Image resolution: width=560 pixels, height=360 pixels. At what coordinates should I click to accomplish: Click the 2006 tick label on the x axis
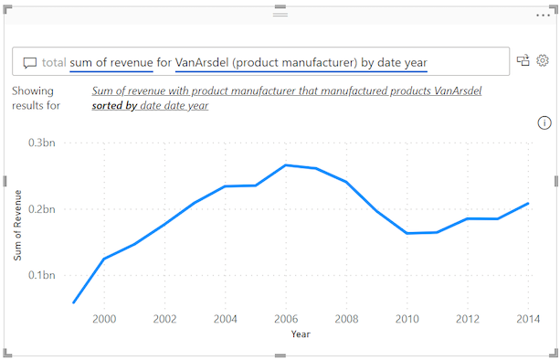pyautogui.click(x=286, y=319)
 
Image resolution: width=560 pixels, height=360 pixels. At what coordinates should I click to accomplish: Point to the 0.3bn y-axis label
pyautogui.click(x=43, y=143)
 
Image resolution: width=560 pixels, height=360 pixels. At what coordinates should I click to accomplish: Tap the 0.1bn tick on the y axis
pyautogui.click(x=43, y=275)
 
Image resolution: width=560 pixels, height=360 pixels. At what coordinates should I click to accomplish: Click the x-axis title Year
pyautogui.click(x=301, y=334)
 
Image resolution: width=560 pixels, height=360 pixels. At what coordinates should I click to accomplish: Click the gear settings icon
pyautogui.click(x=542, y=60)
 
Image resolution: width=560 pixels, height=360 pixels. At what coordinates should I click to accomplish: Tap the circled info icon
pyautogui.click(x=544, y=122)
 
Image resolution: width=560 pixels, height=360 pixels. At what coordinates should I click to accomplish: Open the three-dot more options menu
pyautogui.click(x=544, y=16)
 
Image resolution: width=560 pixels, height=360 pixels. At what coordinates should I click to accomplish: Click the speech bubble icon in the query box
pyautogui.click(x=30, y=63)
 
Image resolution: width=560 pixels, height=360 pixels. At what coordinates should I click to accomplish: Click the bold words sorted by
pyautogui.click(x=114, y=106)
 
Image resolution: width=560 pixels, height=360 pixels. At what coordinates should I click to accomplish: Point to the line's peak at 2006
pyautogui.click(x=286, y=165)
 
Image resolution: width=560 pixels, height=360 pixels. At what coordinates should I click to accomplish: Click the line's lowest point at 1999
pyautogui.click(x=73, y=302)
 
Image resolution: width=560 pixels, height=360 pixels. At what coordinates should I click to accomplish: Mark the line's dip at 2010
pyautogui.click(x=407, y=233)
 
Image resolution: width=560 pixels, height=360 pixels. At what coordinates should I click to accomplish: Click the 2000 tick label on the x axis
pyautogui.click(x=103, y=319)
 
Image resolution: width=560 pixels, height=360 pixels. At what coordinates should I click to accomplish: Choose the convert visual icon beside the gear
pyautogui.click(x=523, y=60)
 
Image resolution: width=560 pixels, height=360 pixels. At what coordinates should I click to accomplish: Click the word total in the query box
pyautogui.click(x=54, y=62)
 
